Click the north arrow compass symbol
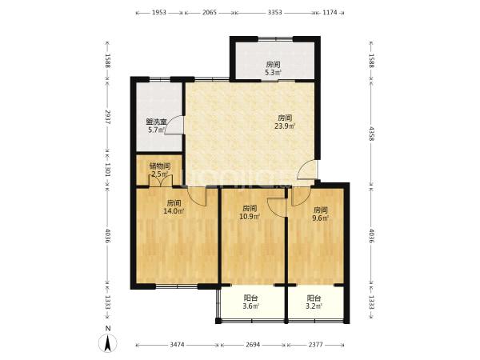pyautogui.click(x=108, y=343)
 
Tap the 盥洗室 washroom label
pyautogui.click(x=156, y=122)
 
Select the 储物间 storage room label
pyautogui.click(x=160, y=166)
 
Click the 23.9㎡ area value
pyautogui.click(x=285, y=126)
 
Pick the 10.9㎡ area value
pyautogui.click(x=250, y=217)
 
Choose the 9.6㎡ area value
pyautogui.click(x=321, y=218)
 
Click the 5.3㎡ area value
pyautogui.click(x=273, y=73)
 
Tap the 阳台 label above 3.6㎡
pyautogui.click(x=250, y=298)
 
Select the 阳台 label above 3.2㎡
pyautogui.click(x=314, y=298)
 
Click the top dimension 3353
pyautogui.click(x=274, y=13)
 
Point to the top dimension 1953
pyautogui.click(x=159, y=13)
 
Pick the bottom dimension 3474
pyautogui.click(x=178, y=345)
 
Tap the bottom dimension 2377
pyautogui.click(x=315, y=345)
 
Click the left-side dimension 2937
pyautogui.click(x=108, y=117)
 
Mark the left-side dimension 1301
pyautogui.click(x=108, y=170)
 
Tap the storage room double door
pyautogui.click(x=161, y=180)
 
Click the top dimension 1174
pyautogui.click(x=330, y=13)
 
